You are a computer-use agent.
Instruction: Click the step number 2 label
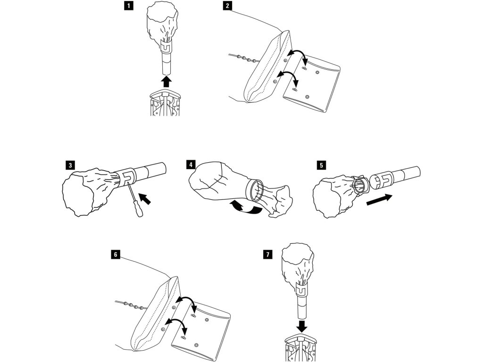coord(228,6)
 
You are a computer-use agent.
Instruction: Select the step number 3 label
coord(70,165)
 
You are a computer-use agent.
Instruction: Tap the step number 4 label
coord(191,165)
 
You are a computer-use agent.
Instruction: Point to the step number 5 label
coord(321,165)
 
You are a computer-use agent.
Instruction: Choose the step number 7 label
coord(268,255)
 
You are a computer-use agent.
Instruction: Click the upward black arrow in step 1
coord(166,82)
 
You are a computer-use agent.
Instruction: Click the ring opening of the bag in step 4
coord(256,191)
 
